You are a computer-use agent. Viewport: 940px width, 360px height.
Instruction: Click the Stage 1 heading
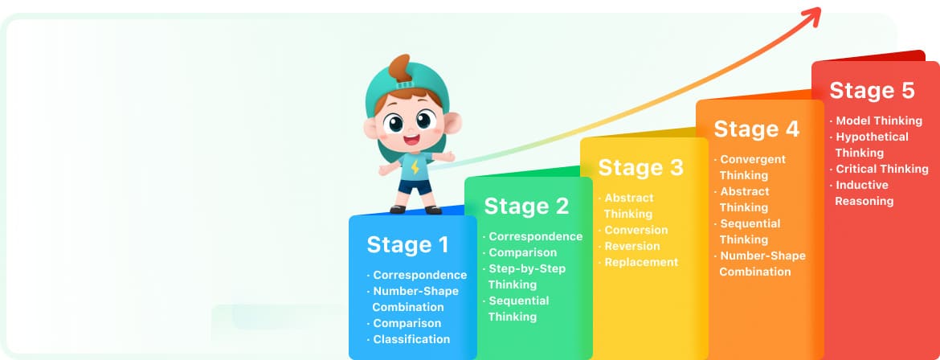pyautogui.click(x=407, y=245)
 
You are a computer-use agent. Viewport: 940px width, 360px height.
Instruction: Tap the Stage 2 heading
pyautogui.click(x=526, y=207)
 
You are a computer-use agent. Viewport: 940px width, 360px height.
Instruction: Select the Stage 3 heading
pyautogui.click(x=641, y=167)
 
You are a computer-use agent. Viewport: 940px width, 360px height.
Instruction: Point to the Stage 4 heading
pyautogui.click(x=757, y=129)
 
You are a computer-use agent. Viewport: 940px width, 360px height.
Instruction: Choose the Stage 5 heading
pyautogui.click(x=873, y=91)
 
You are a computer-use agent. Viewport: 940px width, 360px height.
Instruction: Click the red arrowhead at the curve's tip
pyautogui.click(x=813, y=16)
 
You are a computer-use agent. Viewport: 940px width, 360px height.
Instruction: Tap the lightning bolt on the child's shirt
pyautogui.click(x=415, y=167)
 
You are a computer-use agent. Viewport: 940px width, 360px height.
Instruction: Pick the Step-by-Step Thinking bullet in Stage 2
pyautogui.click(x=524, y=276)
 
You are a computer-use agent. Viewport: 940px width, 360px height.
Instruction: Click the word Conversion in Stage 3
pyautogui.click(x=636, y=230)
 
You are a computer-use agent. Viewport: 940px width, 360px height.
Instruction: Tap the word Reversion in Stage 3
pyautogui.click(x=631, y=246)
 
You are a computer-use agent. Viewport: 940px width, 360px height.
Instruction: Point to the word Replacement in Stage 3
pyautogui.click(x=641, y=262)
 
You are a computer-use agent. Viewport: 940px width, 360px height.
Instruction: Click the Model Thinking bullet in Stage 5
pyautogui.click(x=876, y=121)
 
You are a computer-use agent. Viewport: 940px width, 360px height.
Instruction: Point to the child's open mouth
pyautogui.click(x=411, y=141)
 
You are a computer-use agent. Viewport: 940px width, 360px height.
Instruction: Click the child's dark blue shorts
pyautogui.click(x=415, y=186)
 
